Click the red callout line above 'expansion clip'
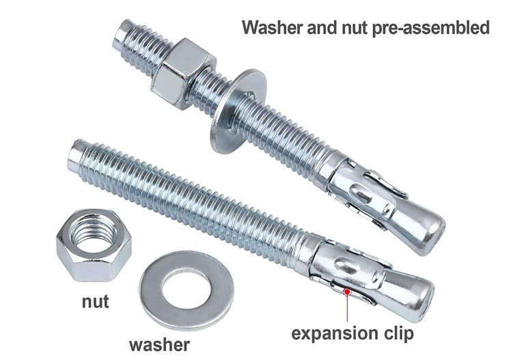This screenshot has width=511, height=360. click(348, 307)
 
